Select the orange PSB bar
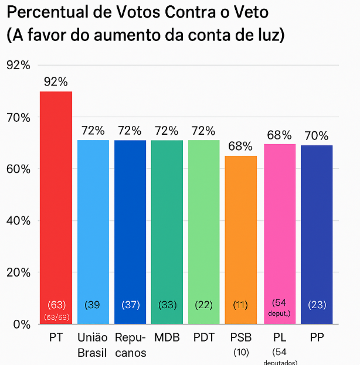tap(240, 234)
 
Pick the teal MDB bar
tap(167, 228)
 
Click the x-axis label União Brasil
tap(93, 345)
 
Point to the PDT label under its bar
tap(203, 338)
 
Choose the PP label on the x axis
tap(316, 338)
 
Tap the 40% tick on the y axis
tap(18, 221)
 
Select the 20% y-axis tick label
tap(18, 272)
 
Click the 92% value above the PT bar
tap(56, 81)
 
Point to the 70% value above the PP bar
tap(316, 136)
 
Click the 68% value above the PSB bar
tap(240, 146)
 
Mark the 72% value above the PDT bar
tap(203, 131)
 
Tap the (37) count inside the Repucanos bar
tap(130, 305)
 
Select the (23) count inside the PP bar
tap(317, 305)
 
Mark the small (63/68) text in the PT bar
tap(56, 317)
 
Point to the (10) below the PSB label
tap(241, 352)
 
